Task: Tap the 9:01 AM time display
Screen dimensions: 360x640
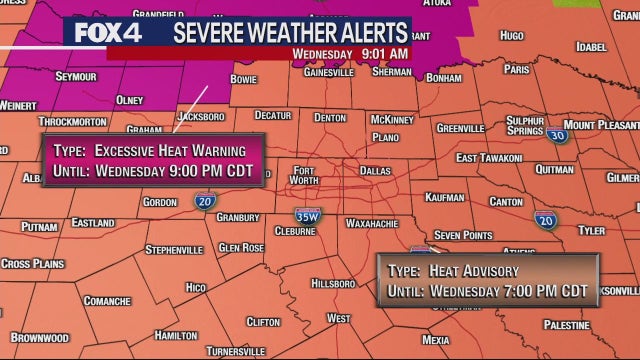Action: (x=385, y=53)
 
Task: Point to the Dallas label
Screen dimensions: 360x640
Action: (x=375, y=171)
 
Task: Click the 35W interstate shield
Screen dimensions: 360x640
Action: (x=307, y=214)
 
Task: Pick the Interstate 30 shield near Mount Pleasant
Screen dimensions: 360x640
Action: (x=558, y=135)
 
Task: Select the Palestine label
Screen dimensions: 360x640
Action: (x=567, y=325)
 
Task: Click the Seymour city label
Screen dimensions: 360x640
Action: (x=48, y=75)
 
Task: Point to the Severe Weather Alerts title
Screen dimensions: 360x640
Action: (x=291, y=32)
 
